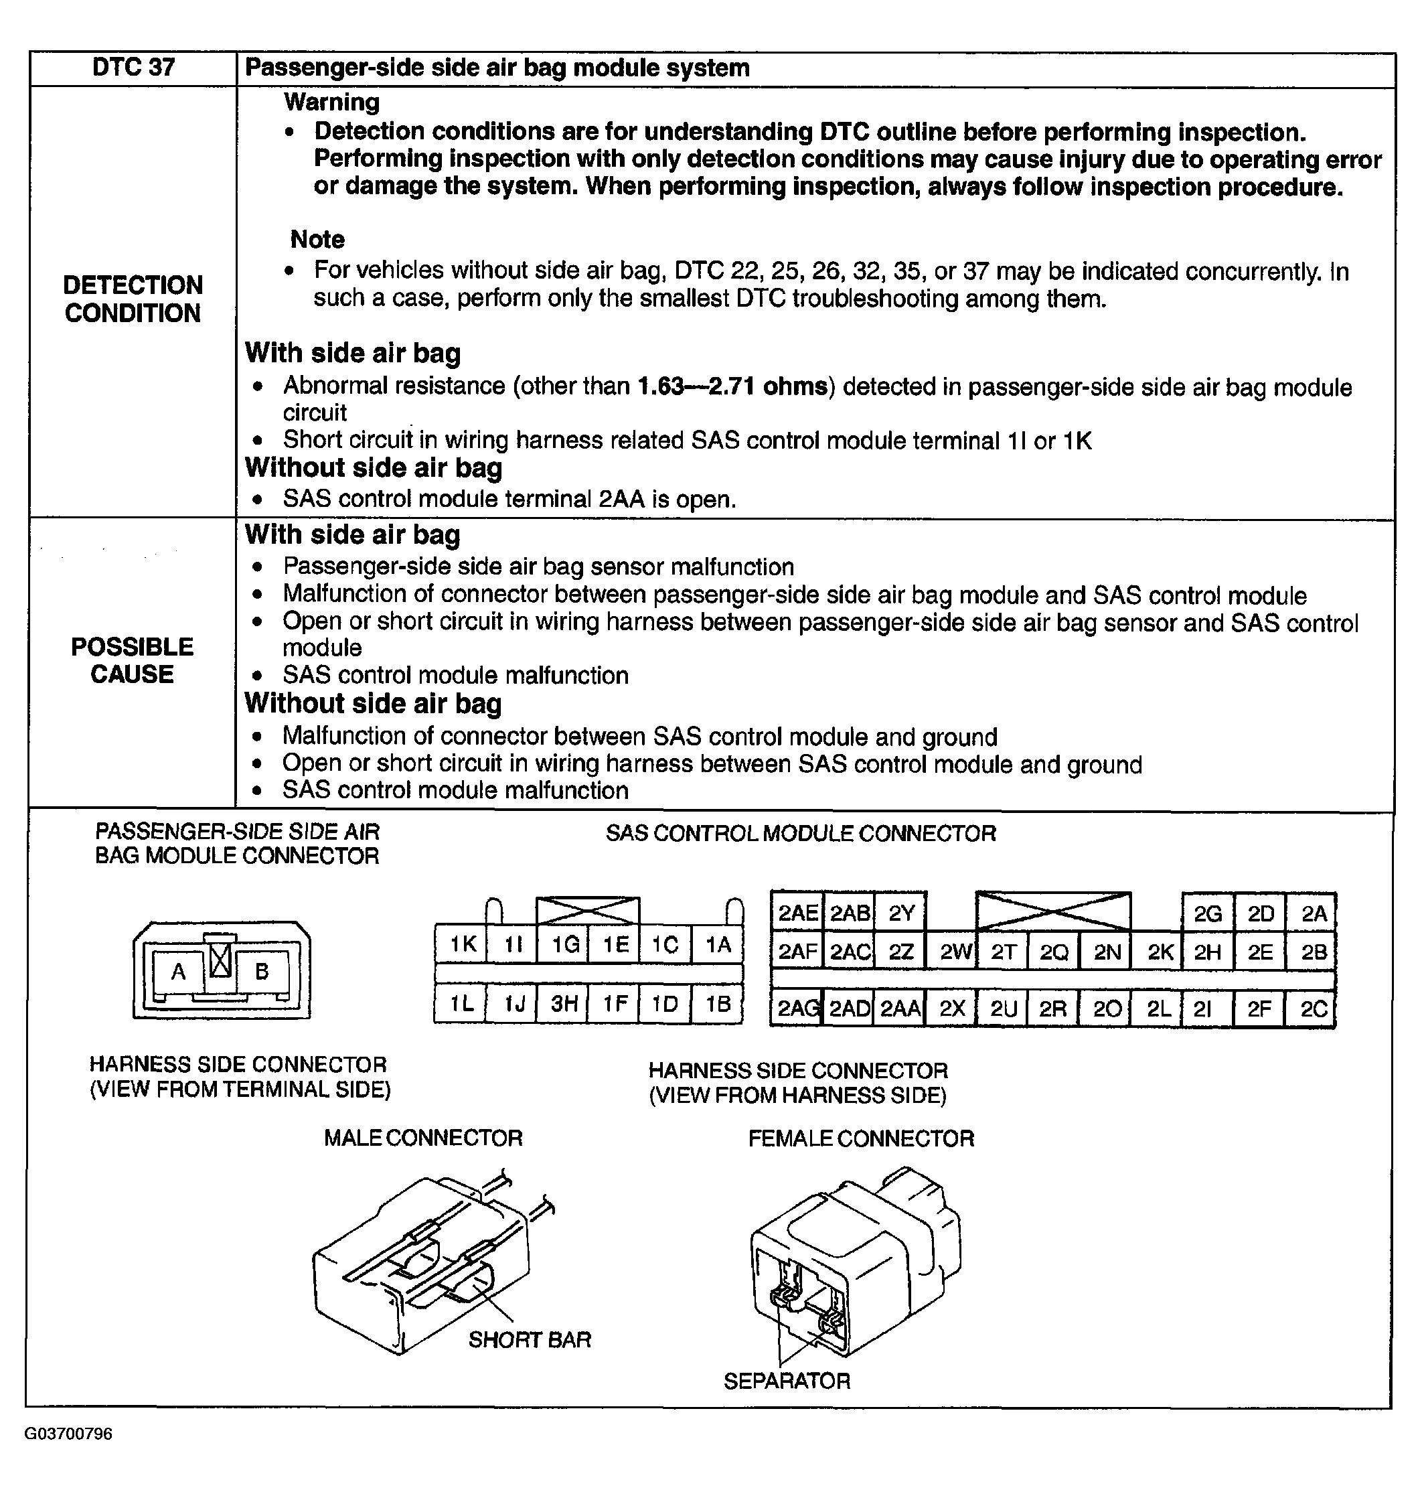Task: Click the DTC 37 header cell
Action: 133,68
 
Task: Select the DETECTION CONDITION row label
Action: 133,299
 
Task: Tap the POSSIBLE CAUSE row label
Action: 132,660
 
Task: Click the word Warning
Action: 331,102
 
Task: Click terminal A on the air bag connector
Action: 178,971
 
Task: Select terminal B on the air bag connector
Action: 262,971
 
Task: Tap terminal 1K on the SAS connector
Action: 463,945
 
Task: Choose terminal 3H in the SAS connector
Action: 564,1004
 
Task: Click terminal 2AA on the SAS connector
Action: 900,1009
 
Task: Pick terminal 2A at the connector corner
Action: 1314,913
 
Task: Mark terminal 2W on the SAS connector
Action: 954,952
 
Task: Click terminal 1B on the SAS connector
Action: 718,1004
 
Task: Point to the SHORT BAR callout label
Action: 529,1340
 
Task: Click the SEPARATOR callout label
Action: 787,1381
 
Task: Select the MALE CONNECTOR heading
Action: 423,1137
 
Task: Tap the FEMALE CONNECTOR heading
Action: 861,1138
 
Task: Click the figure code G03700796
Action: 68,1434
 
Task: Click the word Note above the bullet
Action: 317,240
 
